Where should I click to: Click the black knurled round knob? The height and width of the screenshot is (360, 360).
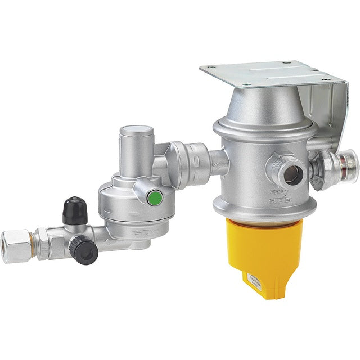85,250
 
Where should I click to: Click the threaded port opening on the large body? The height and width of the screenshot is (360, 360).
291,173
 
